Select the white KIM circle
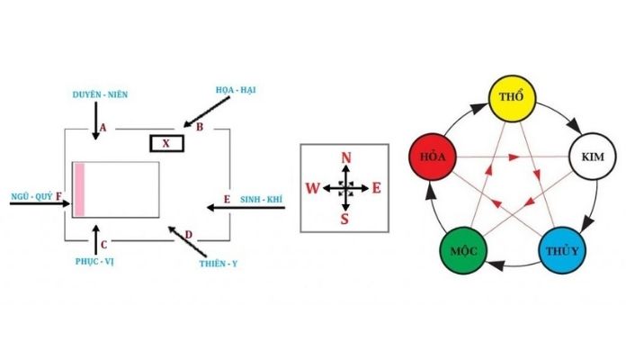pyautogui.click(x=593, y=157)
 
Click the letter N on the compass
pyautogui.click(x=346, y=158)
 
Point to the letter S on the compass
pyautogui.click(x=346, y=219)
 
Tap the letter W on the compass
pyautogui.click(x=311, y=188)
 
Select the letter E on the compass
pyautogui.click(x=377, y=188)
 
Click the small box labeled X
pyautogui.click(x=166, y=143)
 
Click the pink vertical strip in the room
pyautogui.click(x=79, y=190)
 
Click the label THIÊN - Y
pyautogui.click(x=219, y=265)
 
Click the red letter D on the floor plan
pyautogui.click(x=188, y=235)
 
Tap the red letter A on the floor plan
pyautogui.click(x=103, y=129)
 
